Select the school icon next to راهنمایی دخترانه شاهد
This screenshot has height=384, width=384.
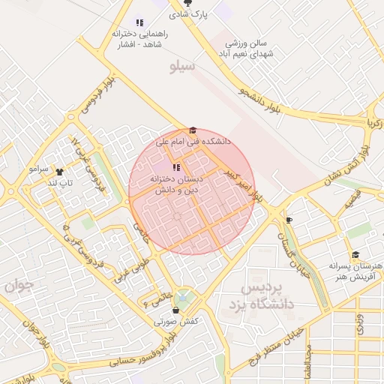pyautogui.click(x=139, y=22)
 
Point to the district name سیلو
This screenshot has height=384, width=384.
pyautogui.click(x=182, y=67)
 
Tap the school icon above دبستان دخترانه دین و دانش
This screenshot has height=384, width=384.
pyautogui.click(x=175, y=167)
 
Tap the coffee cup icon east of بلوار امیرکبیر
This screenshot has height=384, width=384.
pyautogui.click(x=289, y=220)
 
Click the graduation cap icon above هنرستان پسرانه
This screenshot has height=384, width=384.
pyautogui.click(x=355, y=255)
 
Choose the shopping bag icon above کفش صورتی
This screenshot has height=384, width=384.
pyautogui.click(x=175, y=310)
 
